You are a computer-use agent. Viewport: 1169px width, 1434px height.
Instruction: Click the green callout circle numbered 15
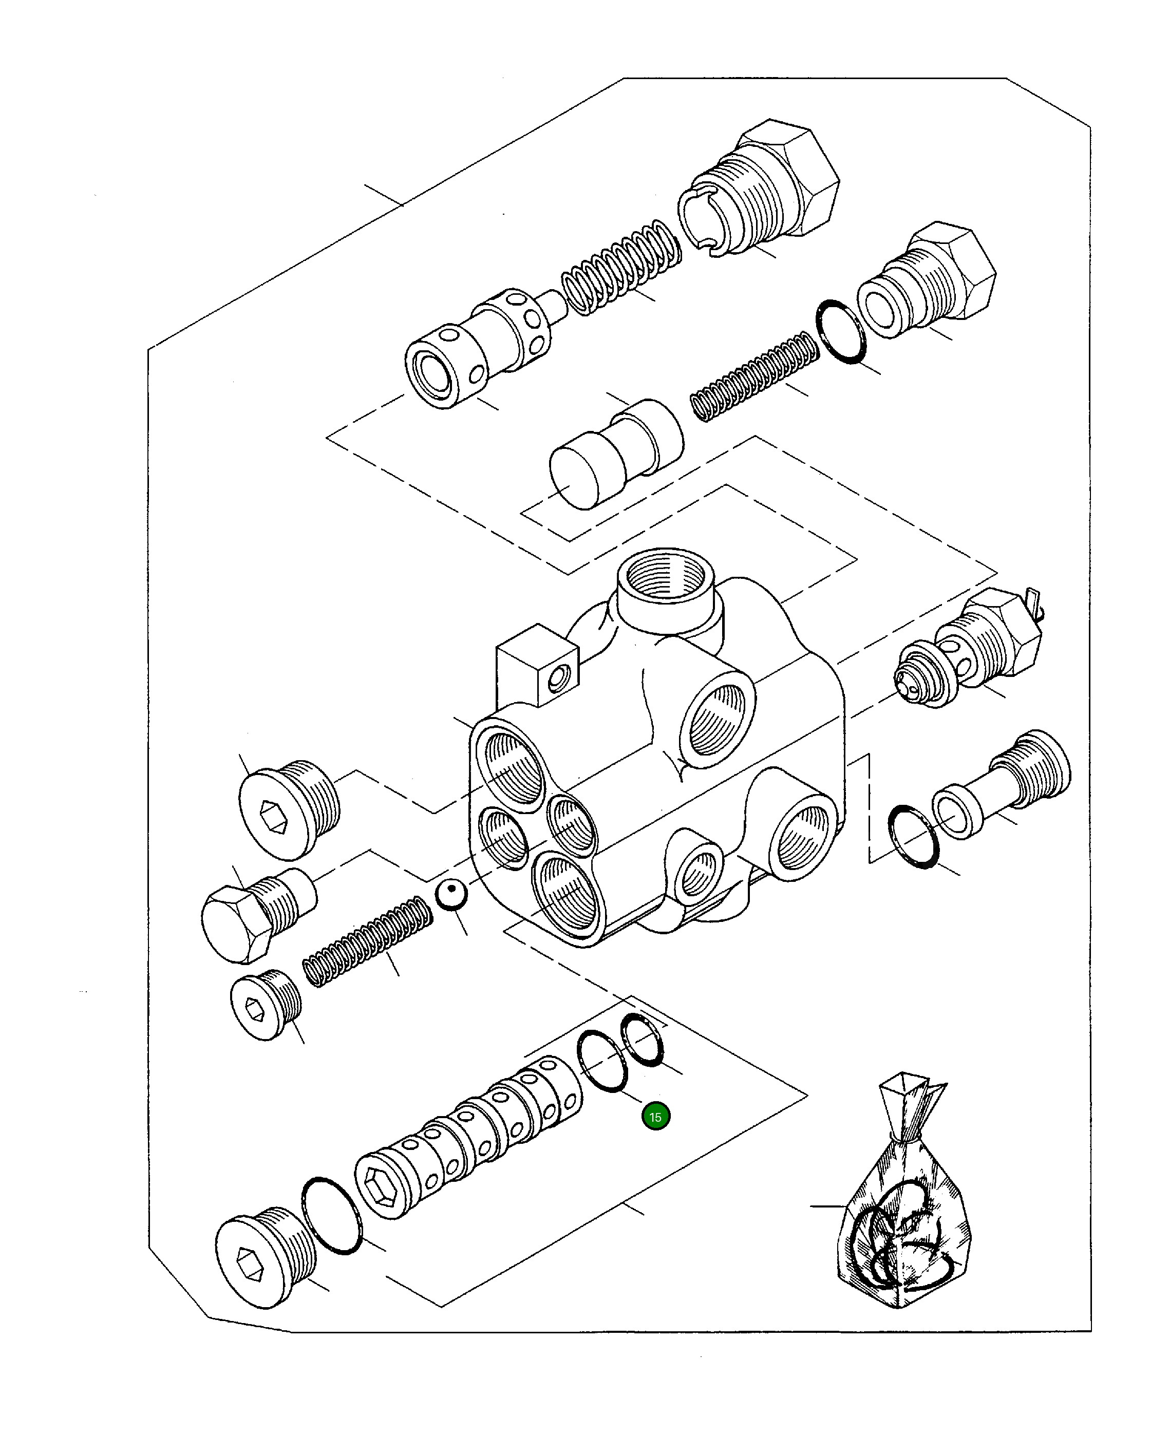pyautogui.click(x=655, y=1117)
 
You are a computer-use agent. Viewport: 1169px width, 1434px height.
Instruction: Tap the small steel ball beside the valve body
pyautogui.click(x=451, y=895)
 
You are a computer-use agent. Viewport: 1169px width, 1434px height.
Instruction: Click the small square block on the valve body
pyautogui.click(x=537, y=663)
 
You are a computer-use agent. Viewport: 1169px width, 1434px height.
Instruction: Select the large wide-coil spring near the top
pyautogui.click(x=620, y=267)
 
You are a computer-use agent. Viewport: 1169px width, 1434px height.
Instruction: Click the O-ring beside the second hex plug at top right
pyautogui.click(x=840, y=332)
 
